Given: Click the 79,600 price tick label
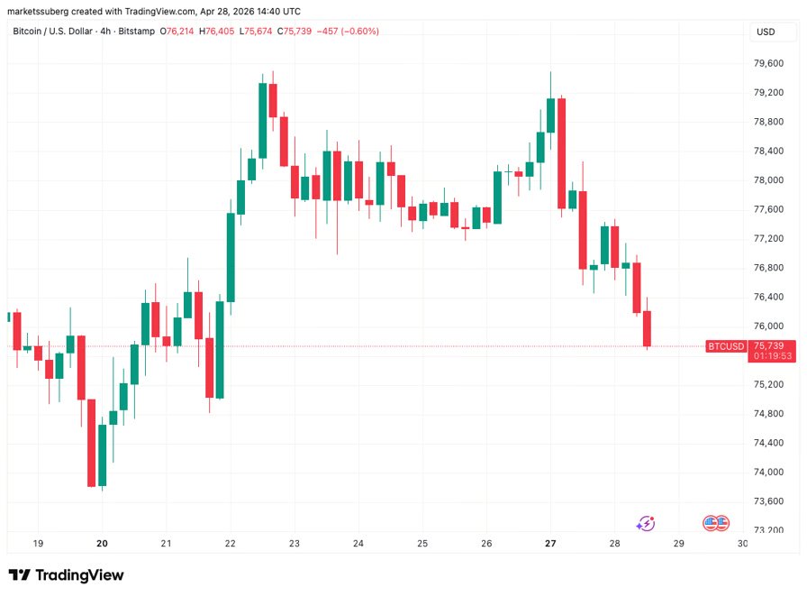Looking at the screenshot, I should point(768,63).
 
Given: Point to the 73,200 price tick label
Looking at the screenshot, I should point(768,530).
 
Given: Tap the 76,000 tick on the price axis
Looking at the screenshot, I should point(768,326).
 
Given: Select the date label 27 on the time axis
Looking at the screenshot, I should point(551,544).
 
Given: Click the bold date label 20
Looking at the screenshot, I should point(102,544).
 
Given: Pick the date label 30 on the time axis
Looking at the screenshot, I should point(742,544).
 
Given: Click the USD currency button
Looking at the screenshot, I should point(766,32).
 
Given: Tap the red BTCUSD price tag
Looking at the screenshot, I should point(726,346).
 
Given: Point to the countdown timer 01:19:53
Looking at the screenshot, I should point(773,356).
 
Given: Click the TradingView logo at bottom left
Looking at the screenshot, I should point(67,575).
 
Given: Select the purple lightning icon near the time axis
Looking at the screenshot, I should point(646,523).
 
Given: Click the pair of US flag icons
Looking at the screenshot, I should point(715,523).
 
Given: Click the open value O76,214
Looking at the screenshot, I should point(177,31).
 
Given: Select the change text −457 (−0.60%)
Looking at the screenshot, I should point(344,31).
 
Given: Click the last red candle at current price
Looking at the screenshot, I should point(647,328).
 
